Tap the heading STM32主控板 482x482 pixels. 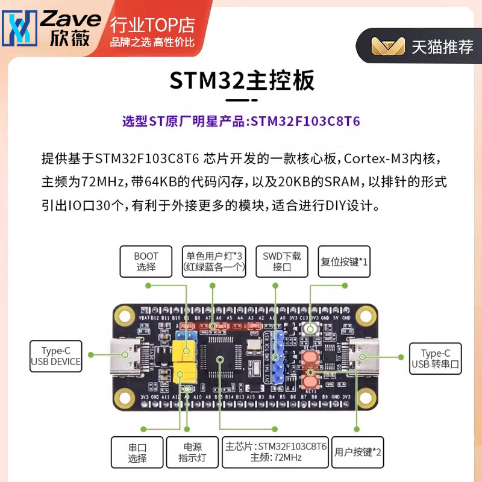[x=241, y=80]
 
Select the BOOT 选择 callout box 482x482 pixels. [x=146, y=261]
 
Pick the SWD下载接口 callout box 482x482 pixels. [x=282, y=261]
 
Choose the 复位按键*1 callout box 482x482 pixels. [x=344, y=261]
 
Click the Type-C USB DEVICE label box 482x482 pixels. [x=56, y=356]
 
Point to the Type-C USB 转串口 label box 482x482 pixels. [x=436, y=359]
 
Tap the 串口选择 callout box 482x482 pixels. [x=137, y=452]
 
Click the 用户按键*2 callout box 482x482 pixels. [x=358, y=452]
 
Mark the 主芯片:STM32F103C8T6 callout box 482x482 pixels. [x=275, y=452]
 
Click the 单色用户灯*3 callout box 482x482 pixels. [x=215, y=261]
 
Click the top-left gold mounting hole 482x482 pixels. [x=125, y=315]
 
